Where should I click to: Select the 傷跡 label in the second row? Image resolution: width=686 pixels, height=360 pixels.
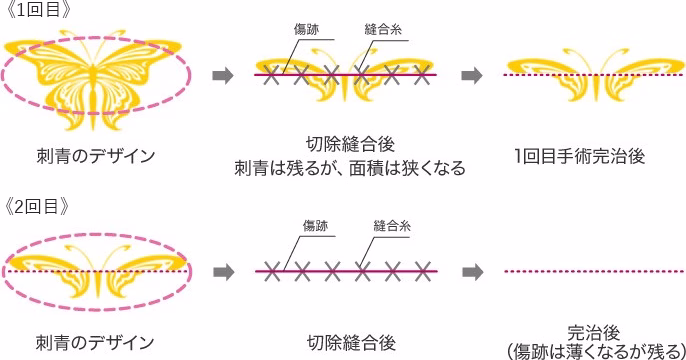pyautogui.click(x=315, y=225)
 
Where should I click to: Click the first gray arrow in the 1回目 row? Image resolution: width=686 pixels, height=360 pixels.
pyautogui.click(x=225, y=75)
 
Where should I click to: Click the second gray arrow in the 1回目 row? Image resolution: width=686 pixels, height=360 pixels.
pyautogui.click(x=472, y=75)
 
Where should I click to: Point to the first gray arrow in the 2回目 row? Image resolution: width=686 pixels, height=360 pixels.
pyautogui.click(x=225, y=271)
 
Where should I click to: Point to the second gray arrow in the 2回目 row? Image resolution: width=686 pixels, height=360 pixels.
pyautogui.click(x=472, y=271)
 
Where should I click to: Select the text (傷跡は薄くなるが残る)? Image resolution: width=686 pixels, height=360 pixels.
pyautogui.click(x=592, y=350)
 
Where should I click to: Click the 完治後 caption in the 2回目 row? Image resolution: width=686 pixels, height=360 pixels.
pyautogui.click(x=592, y=331)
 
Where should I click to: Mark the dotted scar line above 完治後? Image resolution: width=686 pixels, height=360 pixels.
pyautogui.click(x=592, y=271)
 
